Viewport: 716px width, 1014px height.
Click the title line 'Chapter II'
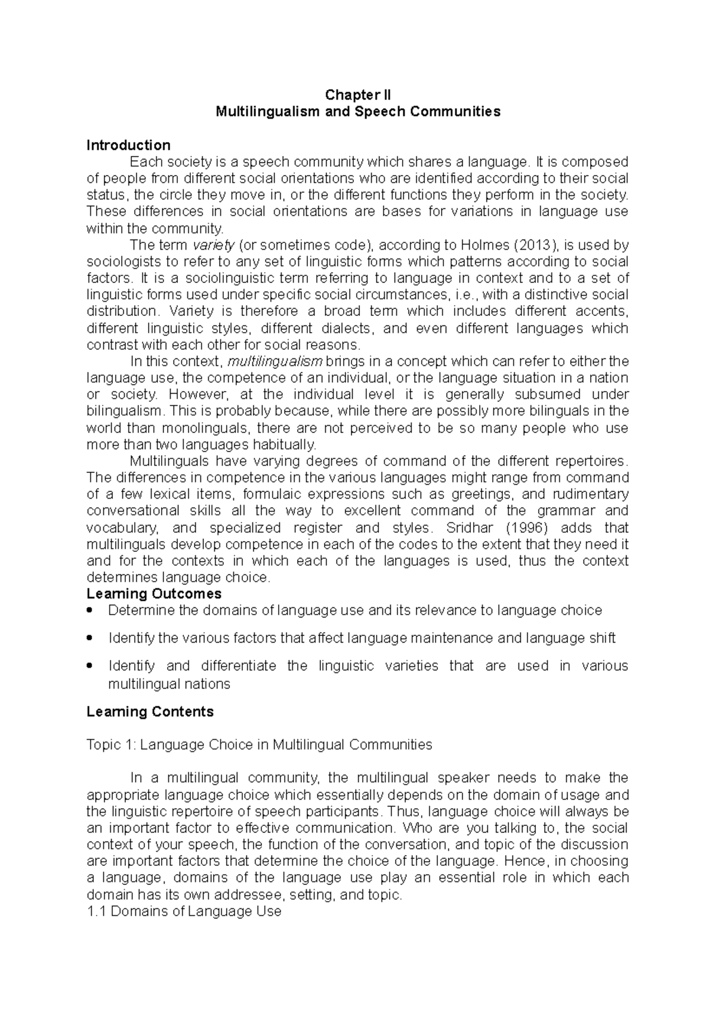pyautogui.click(x=357, y=95)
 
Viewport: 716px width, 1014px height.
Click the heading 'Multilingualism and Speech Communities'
pyautogui.click(x=357, y=112)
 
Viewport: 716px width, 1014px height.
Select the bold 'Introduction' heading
pyautogui.click(x=128, y=145)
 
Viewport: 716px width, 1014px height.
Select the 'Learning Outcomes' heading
pyautogui.click(x=154, y=594)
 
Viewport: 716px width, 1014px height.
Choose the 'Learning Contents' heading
pyautogui.click(x=150, y=712)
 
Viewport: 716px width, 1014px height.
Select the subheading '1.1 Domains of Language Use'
pyautogui.click(x=184, y=912)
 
